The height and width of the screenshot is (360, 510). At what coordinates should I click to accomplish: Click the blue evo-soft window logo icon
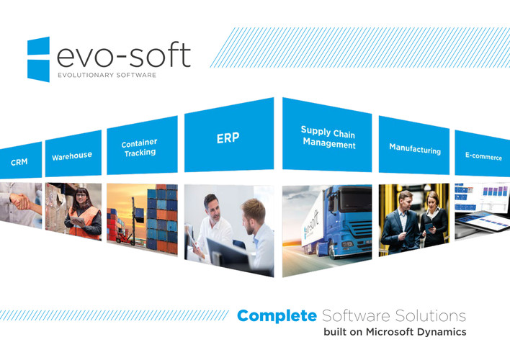coord(38,59)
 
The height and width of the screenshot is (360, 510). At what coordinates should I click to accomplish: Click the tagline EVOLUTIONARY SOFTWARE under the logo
coord(107,75)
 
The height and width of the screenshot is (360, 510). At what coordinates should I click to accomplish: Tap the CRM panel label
coord(19,162)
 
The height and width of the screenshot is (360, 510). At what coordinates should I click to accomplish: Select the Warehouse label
coord(72,156)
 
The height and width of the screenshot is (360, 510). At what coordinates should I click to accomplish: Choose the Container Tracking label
coord(140,148)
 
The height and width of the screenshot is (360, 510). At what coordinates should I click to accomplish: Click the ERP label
coord(228,138)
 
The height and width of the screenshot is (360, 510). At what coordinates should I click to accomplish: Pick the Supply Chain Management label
coord(328,138)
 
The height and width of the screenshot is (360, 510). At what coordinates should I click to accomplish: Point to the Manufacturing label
coord(415,148)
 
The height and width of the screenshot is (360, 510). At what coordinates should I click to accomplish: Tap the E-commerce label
coord(483,156)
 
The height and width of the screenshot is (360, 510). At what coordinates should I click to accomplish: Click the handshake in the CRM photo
coord(20,202)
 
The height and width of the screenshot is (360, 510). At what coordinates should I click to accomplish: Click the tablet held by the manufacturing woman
coord(429,227)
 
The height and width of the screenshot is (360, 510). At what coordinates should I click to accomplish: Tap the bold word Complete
coord(277,316)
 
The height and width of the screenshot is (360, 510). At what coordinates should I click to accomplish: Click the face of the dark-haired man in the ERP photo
coord(213,209)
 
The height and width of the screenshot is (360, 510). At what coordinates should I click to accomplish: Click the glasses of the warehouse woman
coord(81,195)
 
